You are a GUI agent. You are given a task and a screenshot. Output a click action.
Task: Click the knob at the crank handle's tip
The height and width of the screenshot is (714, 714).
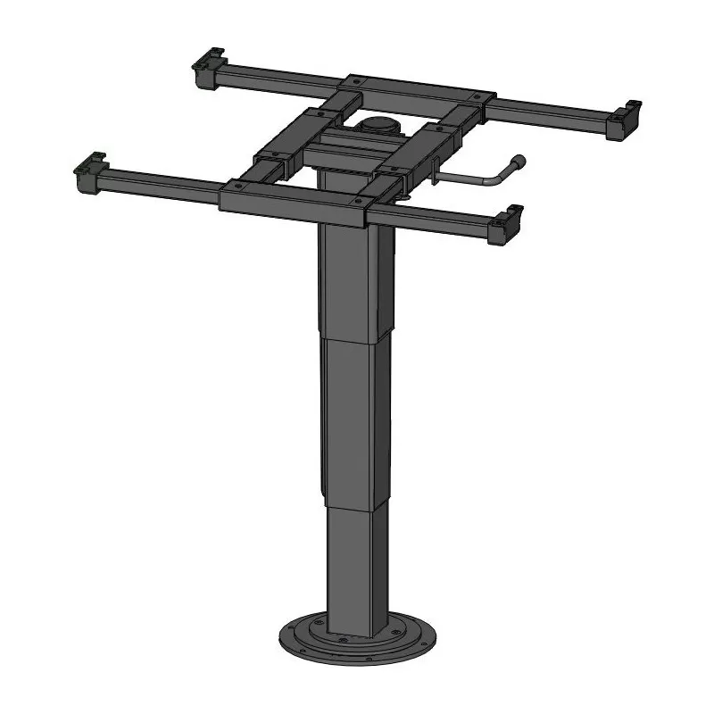pyautogui.click(x=519, y=162)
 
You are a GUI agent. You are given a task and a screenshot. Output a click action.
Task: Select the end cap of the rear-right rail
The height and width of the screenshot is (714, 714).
pyautogui.click(x=624, y=120)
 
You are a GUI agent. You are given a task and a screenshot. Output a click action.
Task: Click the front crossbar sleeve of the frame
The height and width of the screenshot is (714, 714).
pyautogui.click(x=295, y=200)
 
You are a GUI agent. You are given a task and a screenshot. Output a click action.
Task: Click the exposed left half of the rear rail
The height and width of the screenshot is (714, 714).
pyautogui.click(x=277, y=84)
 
